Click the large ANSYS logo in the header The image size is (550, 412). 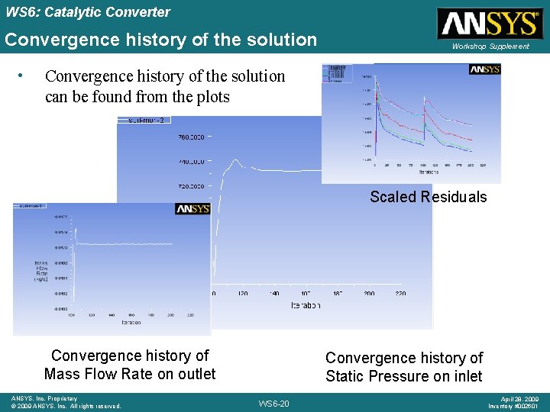488,24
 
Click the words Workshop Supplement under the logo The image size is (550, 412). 490,47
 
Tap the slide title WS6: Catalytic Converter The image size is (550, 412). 86,12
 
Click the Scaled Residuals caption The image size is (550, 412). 428,197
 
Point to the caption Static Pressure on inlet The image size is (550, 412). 404,376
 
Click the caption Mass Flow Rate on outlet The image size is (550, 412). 130,374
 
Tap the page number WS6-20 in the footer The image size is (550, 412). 273,403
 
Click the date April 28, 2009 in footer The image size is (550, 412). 520,398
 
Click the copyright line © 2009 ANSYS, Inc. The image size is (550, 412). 66,406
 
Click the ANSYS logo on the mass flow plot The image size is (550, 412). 192,209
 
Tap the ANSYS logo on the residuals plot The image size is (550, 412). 484,69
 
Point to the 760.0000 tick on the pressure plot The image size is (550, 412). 191,137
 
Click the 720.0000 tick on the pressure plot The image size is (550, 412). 191,186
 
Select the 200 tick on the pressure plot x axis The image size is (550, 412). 369,293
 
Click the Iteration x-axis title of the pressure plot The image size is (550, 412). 305,305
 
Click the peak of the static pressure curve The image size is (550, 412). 238,161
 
